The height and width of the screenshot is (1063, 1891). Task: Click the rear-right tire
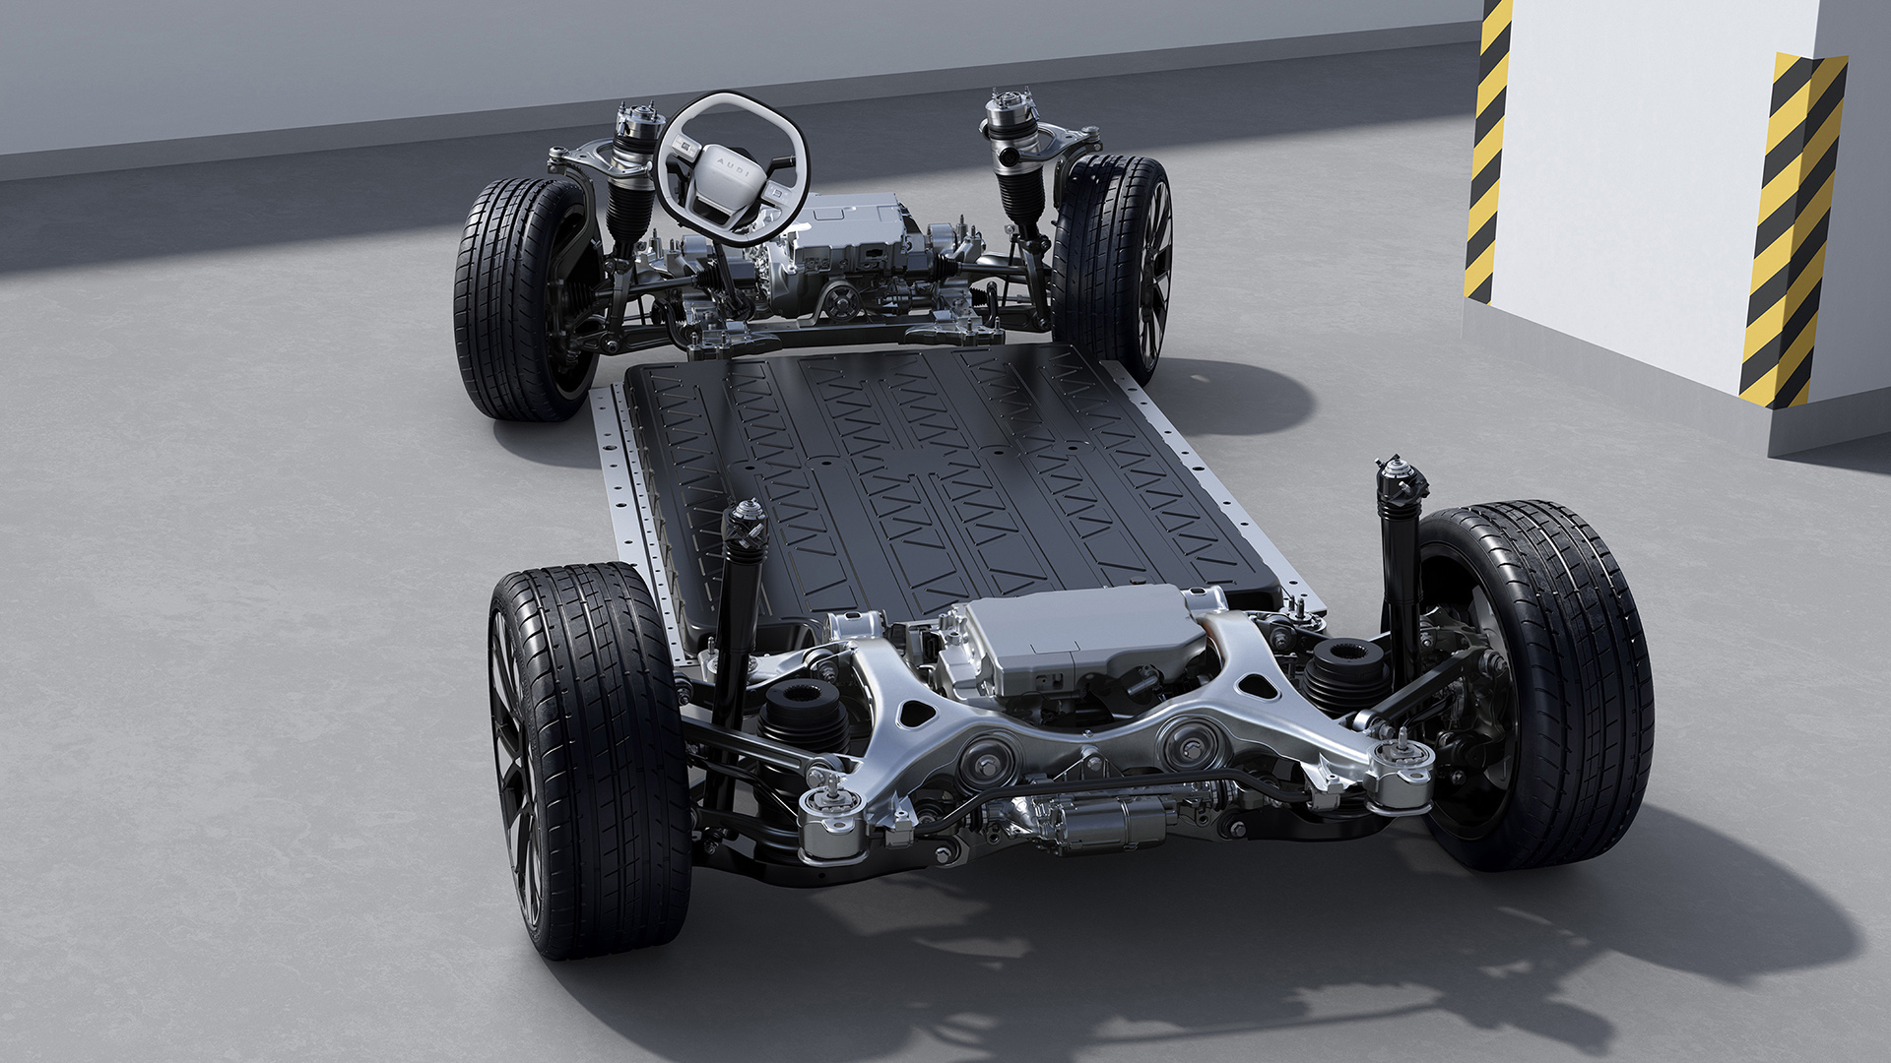(x=1536, y=684)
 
